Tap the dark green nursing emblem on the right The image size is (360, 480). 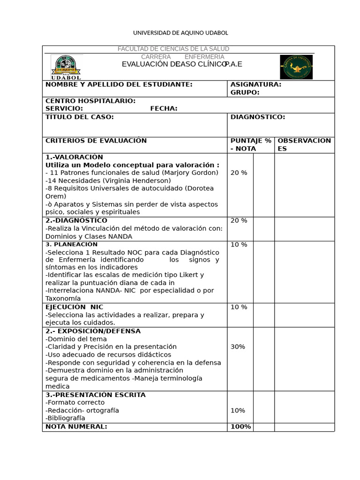pos(296,67)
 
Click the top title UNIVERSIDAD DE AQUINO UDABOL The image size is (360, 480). pos(180,33)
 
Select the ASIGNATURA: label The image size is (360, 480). pos(255,84)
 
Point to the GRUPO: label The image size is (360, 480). pos(245,92)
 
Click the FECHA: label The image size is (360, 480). pos(164,109)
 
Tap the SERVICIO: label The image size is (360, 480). pos(64,109)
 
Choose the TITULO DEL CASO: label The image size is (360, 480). pos(79,117)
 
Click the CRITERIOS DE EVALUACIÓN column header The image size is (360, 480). pos(96,141)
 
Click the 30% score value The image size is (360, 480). pos(238,347)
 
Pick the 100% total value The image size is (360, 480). pos(240,427)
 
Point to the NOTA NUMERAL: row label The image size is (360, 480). pos(76,427)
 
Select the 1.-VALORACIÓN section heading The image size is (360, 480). pos(74,157)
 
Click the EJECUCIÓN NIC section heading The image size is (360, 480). pos(74,307)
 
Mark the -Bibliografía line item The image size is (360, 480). pos(65,418)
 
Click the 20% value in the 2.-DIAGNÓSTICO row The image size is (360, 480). pos(239,221)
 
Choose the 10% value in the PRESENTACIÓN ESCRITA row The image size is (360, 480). pos(238,411)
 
